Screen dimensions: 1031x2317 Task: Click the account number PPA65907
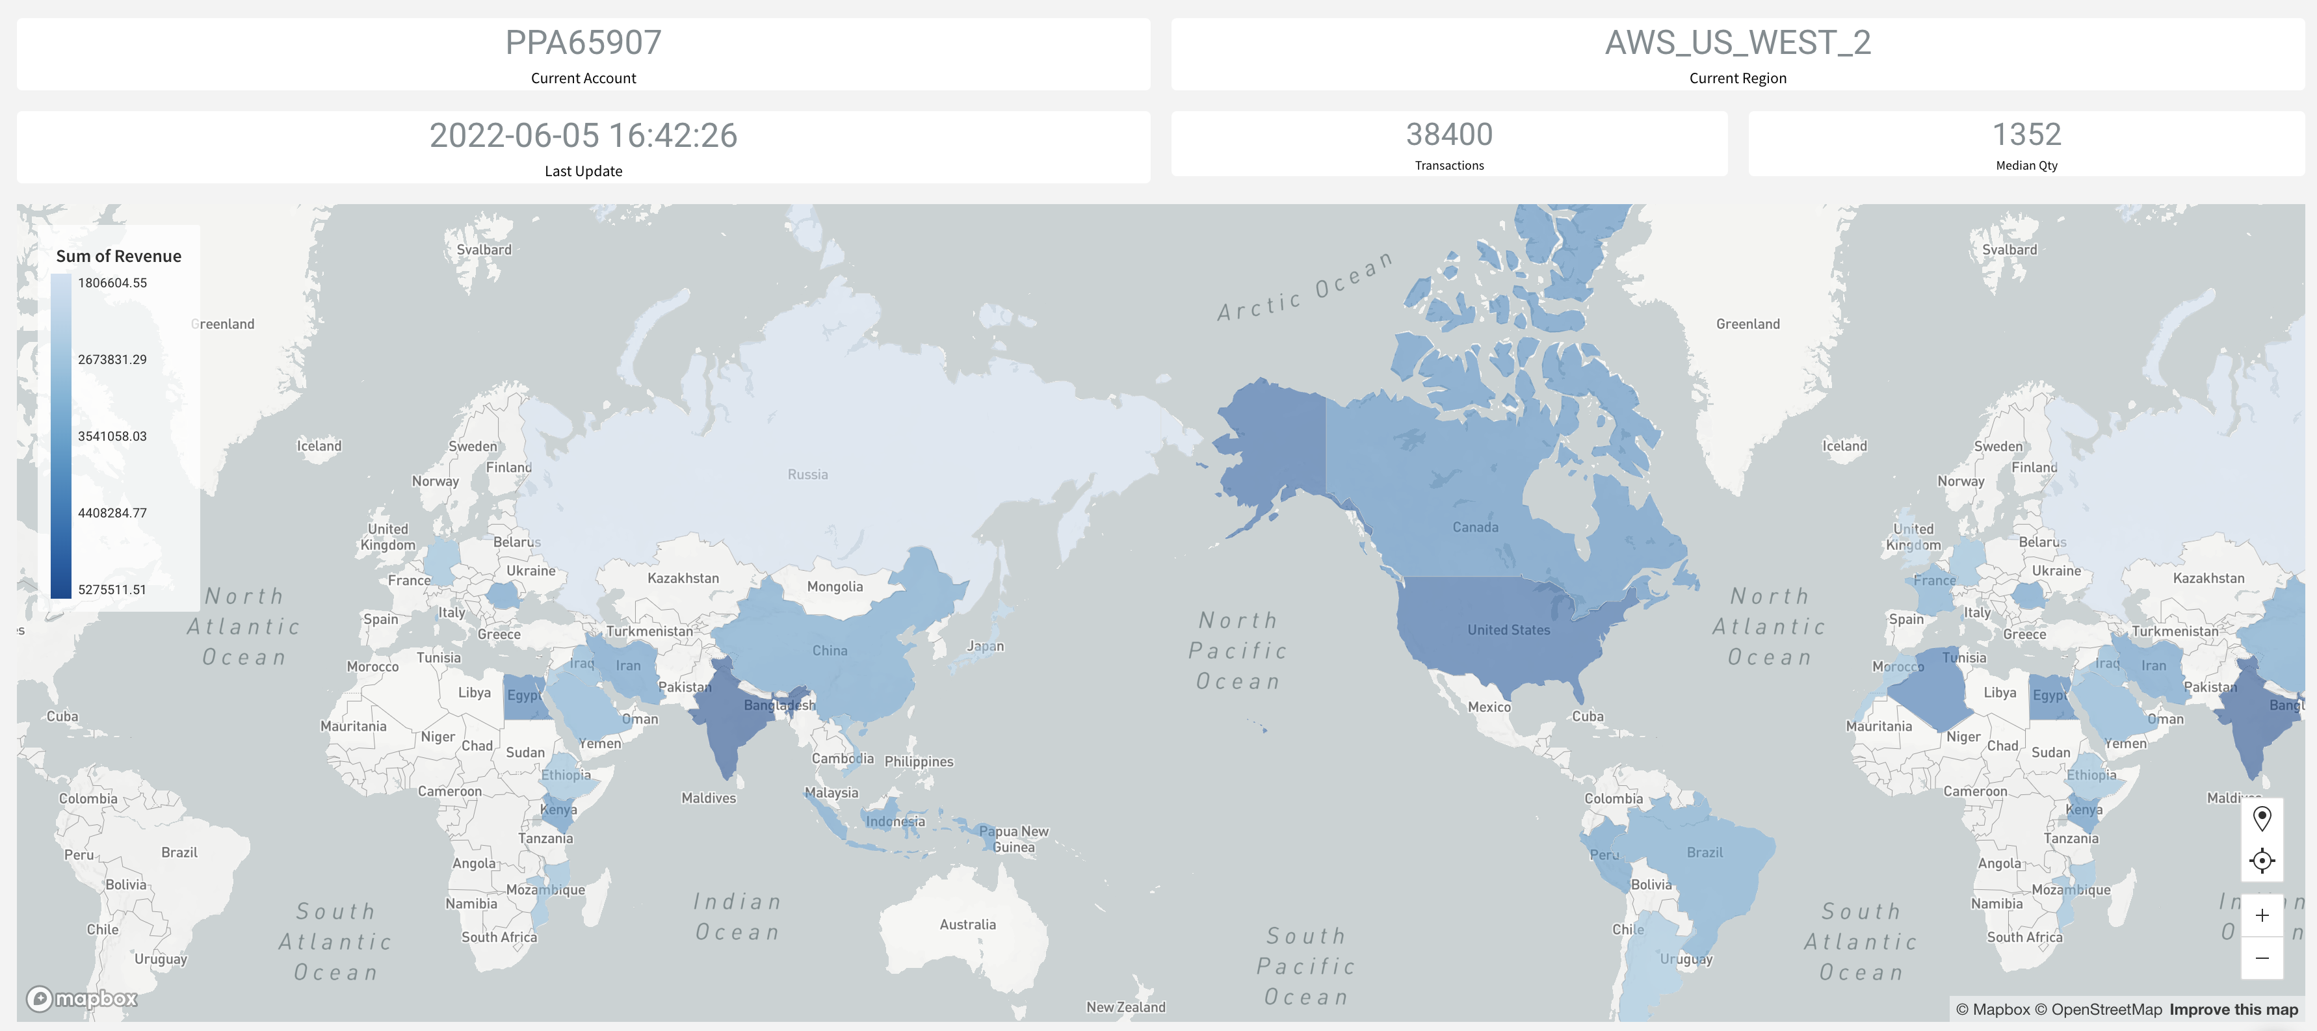[583, 42]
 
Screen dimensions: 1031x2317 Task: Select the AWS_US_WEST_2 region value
[1737, 42]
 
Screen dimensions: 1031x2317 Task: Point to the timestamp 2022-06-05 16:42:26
[583, 136]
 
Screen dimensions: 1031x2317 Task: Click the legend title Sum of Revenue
[119, 256]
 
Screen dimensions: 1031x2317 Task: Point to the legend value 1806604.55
[112, 283]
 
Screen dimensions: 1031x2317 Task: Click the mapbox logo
[82, 998]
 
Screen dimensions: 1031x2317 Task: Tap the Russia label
[807, 474]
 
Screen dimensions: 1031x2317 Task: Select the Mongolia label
[834, 586]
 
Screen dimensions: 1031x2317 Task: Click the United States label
[1508, 630]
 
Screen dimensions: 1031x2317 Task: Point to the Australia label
[967, 924]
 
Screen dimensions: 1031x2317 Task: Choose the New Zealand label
[1125, 1007]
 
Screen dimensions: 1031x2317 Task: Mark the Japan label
[985, 646]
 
